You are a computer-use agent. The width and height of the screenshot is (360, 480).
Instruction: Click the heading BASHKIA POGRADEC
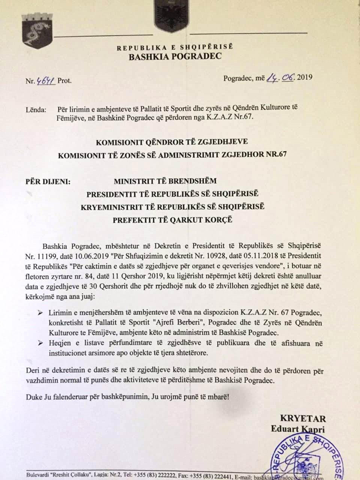pos(175,57)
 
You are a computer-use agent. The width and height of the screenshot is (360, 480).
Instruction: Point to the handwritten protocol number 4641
pos(45,79)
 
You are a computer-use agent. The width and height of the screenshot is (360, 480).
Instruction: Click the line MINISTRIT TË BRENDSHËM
pos(165,181)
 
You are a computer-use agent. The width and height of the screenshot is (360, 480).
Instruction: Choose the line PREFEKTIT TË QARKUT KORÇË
pos(172,219)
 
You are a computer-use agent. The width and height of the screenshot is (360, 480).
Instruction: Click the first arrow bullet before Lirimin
pos(40,313)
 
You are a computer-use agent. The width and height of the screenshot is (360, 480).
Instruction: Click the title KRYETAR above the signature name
pos(303,419)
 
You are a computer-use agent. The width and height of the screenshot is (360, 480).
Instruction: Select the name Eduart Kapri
pos(298,430)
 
